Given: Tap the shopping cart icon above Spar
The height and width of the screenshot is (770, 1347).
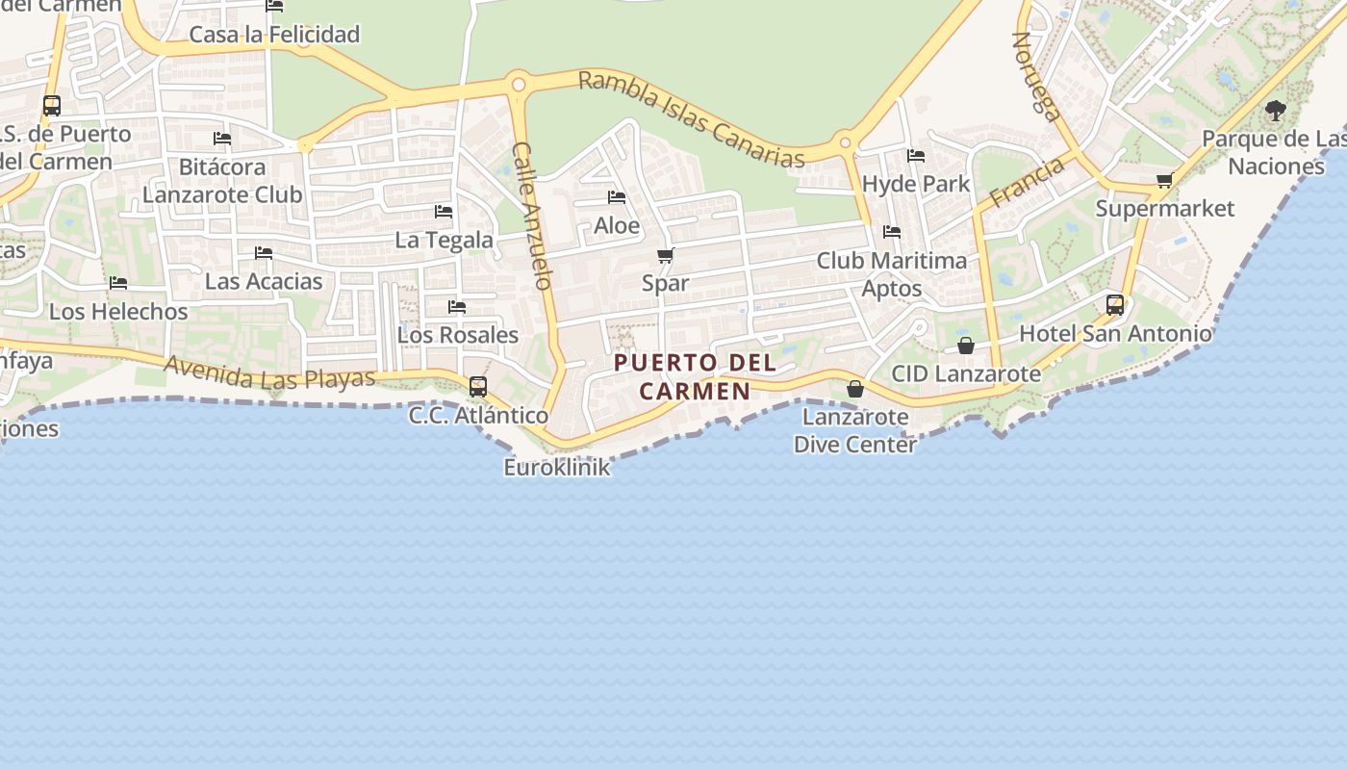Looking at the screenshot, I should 665,256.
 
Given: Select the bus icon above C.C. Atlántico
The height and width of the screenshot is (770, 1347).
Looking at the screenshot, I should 478,387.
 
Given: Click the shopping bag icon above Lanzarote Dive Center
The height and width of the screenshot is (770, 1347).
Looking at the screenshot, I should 854,389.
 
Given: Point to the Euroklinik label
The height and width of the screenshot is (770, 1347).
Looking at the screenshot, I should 557,468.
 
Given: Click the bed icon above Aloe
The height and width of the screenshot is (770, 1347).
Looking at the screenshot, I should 617,197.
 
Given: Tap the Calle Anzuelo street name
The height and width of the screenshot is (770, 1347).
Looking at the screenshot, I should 532,217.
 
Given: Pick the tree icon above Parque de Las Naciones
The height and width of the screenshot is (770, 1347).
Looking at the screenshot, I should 1276,111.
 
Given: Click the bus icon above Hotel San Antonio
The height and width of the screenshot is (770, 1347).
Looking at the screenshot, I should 1115,305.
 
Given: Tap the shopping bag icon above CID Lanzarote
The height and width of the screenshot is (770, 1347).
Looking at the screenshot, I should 966,346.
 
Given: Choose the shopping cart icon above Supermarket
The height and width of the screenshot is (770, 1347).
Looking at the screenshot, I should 1164,180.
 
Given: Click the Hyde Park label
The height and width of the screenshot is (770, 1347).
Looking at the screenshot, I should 916,184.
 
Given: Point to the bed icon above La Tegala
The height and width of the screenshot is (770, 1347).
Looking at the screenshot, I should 444,211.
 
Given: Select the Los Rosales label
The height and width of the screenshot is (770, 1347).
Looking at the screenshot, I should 458,335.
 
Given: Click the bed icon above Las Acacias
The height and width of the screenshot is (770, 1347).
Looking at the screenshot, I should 264,253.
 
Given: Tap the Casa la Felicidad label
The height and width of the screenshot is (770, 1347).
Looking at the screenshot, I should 274,35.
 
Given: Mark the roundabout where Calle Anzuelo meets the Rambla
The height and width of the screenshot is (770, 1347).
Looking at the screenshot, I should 519,85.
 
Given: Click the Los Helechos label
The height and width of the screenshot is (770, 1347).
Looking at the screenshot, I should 118,312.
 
